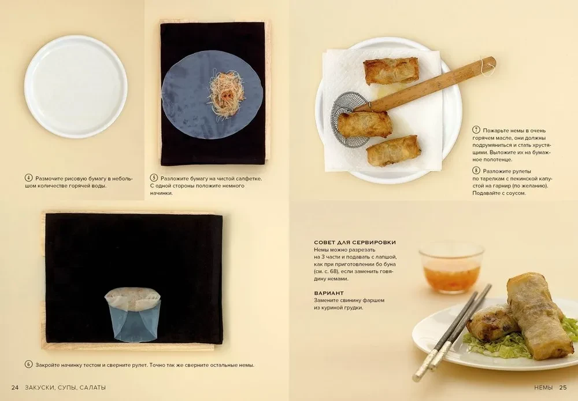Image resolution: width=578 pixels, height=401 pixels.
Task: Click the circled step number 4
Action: [x=29, y=178]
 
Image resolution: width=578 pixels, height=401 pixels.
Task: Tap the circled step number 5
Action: [x=154, y=178]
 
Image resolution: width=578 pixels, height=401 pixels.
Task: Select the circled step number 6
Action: [x=29, y=365]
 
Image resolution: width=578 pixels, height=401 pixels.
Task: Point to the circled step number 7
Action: [x=476, y=130]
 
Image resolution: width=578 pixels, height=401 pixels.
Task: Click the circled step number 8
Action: [x=476, y=171]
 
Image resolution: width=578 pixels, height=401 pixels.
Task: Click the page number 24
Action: [x=15, y=387]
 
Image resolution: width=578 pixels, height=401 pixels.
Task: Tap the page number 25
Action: [x=563, y=387]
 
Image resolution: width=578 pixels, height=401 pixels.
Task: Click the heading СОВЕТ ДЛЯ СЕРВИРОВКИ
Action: [x=355, y=242]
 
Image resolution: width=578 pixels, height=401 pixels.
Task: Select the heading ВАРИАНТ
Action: [x=329, y=293]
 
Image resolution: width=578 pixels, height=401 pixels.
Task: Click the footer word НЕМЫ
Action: [x=543, y=387]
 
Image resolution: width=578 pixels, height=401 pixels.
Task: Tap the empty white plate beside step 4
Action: [x=76, y=87]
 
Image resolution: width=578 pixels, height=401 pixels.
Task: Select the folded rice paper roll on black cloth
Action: [x=133, y=314]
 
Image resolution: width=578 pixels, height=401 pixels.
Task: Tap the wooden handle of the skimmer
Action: [x=428, y=84]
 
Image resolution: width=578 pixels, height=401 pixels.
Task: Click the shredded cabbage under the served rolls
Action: [x=494, y=345]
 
